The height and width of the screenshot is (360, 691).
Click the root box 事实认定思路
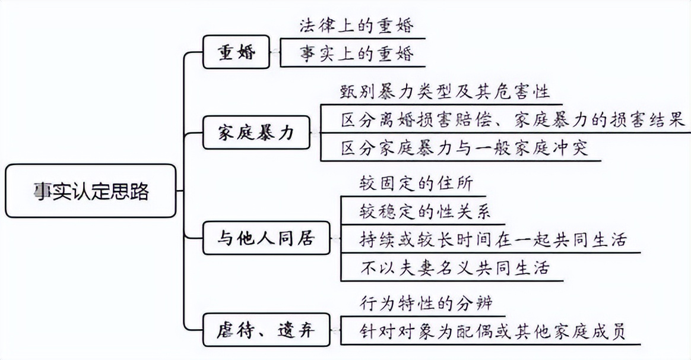[91, 191]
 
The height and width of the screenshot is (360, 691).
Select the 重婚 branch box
[236, 53]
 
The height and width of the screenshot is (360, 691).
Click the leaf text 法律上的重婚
[355, 26]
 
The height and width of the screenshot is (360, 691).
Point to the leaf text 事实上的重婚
[355, 54]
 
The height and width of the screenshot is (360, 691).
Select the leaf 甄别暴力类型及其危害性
[445, 91]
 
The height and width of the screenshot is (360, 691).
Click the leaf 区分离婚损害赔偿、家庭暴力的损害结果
[513, 120]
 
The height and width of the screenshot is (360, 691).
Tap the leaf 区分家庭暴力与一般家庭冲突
[464, 147]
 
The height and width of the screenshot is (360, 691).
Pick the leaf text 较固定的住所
[416, 183]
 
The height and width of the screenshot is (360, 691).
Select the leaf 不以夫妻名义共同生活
[455, 267]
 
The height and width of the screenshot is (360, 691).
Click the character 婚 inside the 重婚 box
[246, 53]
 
